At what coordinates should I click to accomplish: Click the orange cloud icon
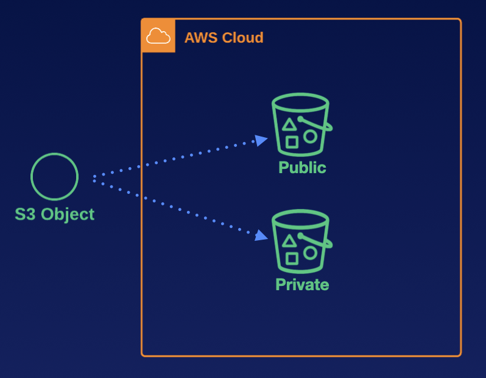[158, 36]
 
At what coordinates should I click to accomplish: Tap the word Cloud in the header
[242, 38]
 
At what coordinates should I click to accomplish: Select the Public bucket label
[302, 168]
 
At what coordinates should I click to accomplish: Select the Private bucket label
[302, 285]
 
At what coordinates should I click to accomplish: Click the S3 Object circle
[55, 177]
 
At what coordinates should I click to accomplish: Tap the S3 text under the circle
[26, 215]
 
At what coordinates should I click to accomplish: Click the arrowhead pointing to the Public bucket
[261, 141]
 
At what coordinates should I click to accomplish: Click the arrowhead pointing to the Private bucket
[261, 235]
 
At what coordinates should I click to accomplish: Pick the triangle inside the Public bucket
[290, 124]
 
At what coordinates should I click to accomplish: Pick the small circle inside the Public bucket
[311, 136]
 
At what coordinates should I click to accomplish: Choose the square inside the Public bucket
[292, 142]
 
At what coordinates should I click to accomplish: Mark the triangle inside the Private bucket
[290, 241]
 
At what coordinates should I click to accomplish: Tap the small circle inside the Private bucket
[311, 252]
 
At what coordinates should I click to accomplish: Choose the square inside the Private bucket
[292, 259]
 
